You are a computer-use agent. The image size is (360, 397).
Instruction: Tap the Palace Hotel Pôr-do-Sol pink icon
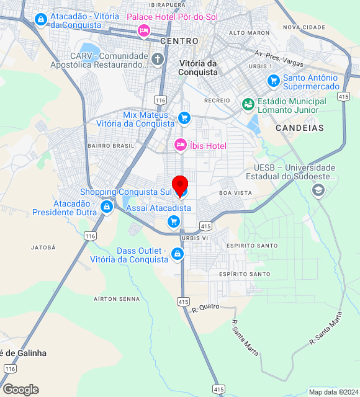tap(144, 30)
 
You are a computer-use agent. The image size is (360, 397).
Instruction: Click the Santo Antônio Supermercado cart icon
tap(273, 81)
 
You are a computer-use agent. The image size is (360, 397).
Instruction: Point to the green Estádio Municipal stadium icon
tap(248, 104)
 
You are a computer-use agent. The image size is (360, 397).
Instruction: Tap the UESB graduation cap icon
tap(318, 190)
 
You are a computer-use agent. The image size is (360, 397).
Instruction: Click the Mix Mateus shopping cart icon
tap(184, 117)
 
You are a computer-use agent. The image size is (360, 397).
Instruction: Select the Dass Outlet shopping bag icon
tap(178, 254)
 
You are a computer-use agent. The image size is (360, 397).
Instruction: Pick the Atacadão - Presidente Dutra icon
tap(107, 206)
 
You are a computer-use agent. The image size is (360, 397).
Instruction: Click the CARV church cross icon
tap(158, 59)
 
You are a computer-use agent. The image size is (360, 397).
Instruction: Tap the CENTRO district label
tap(179, 41)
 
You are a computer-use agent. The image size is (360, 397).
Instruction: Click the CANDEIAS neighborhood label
tap(300, 128)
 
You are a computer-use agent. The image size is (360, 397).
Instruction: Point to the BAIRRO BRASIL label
tap(111, 146)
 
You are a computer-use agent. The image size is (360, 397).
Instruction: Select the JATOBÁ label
tap(43, 247)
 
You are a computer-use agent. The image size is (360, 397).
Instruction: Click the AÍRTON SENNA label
tap(117, 298)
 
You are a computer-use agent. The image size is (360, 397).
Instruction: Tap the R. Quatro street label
tap(206, 307)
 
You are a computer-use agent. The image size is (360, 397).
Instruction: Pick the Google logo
tap(20, 390)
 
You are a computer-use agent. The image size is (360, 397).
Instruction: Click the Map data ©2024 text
tap(333, 392)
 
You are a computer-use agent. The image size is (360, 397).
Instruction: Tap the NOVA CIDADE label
tap(304, 27)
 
